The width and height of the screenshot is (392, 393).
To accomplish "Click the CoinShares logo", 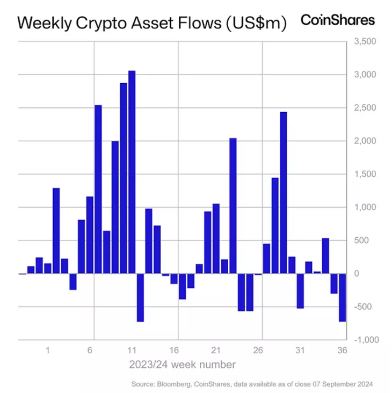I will (337, 20).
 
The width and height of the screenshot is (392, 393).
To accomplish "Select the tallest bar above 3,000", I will (132, 172).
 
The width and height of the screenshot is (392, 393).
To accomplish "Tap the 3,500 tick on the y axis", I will (364, 41).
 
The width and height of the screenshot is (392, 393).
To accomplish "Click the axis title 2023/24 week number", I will (182, 365).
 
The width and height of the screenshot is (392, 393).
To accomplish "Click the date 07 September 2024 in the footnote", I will (342, 384).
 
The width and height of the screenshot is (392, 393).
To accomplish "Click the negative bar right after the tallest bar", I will (140, 297).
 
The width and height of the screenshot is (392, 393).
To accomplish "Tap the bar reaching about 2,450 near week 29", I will (283, 193).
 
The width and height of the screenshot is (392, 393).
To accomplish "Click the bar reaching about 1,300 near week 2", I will (56, 230).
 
